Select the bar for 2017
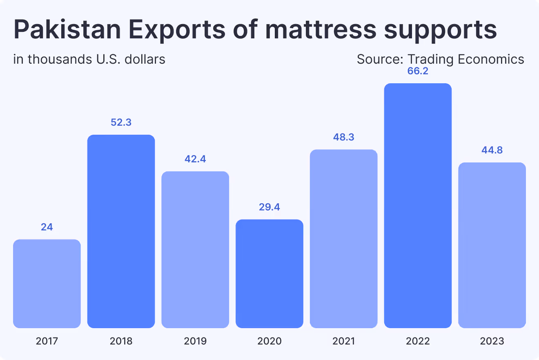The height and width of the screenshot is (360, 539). click(x=47, y=284)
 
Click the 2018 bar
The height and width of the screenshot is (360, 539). click(x=121, y=231)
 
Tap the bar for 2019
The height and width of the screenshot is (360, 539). click(x=195, y=249)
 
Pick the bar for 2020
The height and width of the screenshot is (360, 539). click(x=269, y=273)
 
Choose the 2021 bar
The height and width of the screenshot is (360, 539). click(x=343, y=239)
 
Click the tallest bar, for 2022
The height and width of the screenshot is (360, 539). click(x=418, y=206)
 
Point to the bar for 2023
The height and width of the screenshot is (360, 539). click(x=492, y=245)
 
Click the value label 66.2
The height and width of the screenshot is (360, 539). click(x=418, y=71)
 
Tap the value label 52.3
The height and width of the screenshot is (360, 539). click(x=121, y=122)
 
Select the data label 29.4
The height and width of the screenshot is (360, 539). click(x=269, y=207)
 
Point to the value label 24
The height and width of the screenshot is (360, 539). click(x=47, y=227)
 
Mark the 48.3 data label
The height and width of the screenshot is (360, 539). click(x=343, y=137)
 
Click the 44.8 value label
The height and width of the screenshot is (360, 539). click(x=492, y=150)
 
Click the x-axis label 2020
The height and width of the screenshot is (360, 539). click(x=269, y=341)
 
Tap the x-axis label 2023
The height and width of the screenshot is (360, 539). click(x=492, y=341)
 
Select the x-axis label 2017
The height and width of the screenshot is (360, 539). click(x=47, y=341)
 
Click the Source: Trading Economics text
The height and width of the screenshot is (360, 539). click(x=440, y=59)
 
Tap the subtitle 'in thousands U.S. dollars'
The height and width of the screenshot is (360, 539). click(x=89, y=59)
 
